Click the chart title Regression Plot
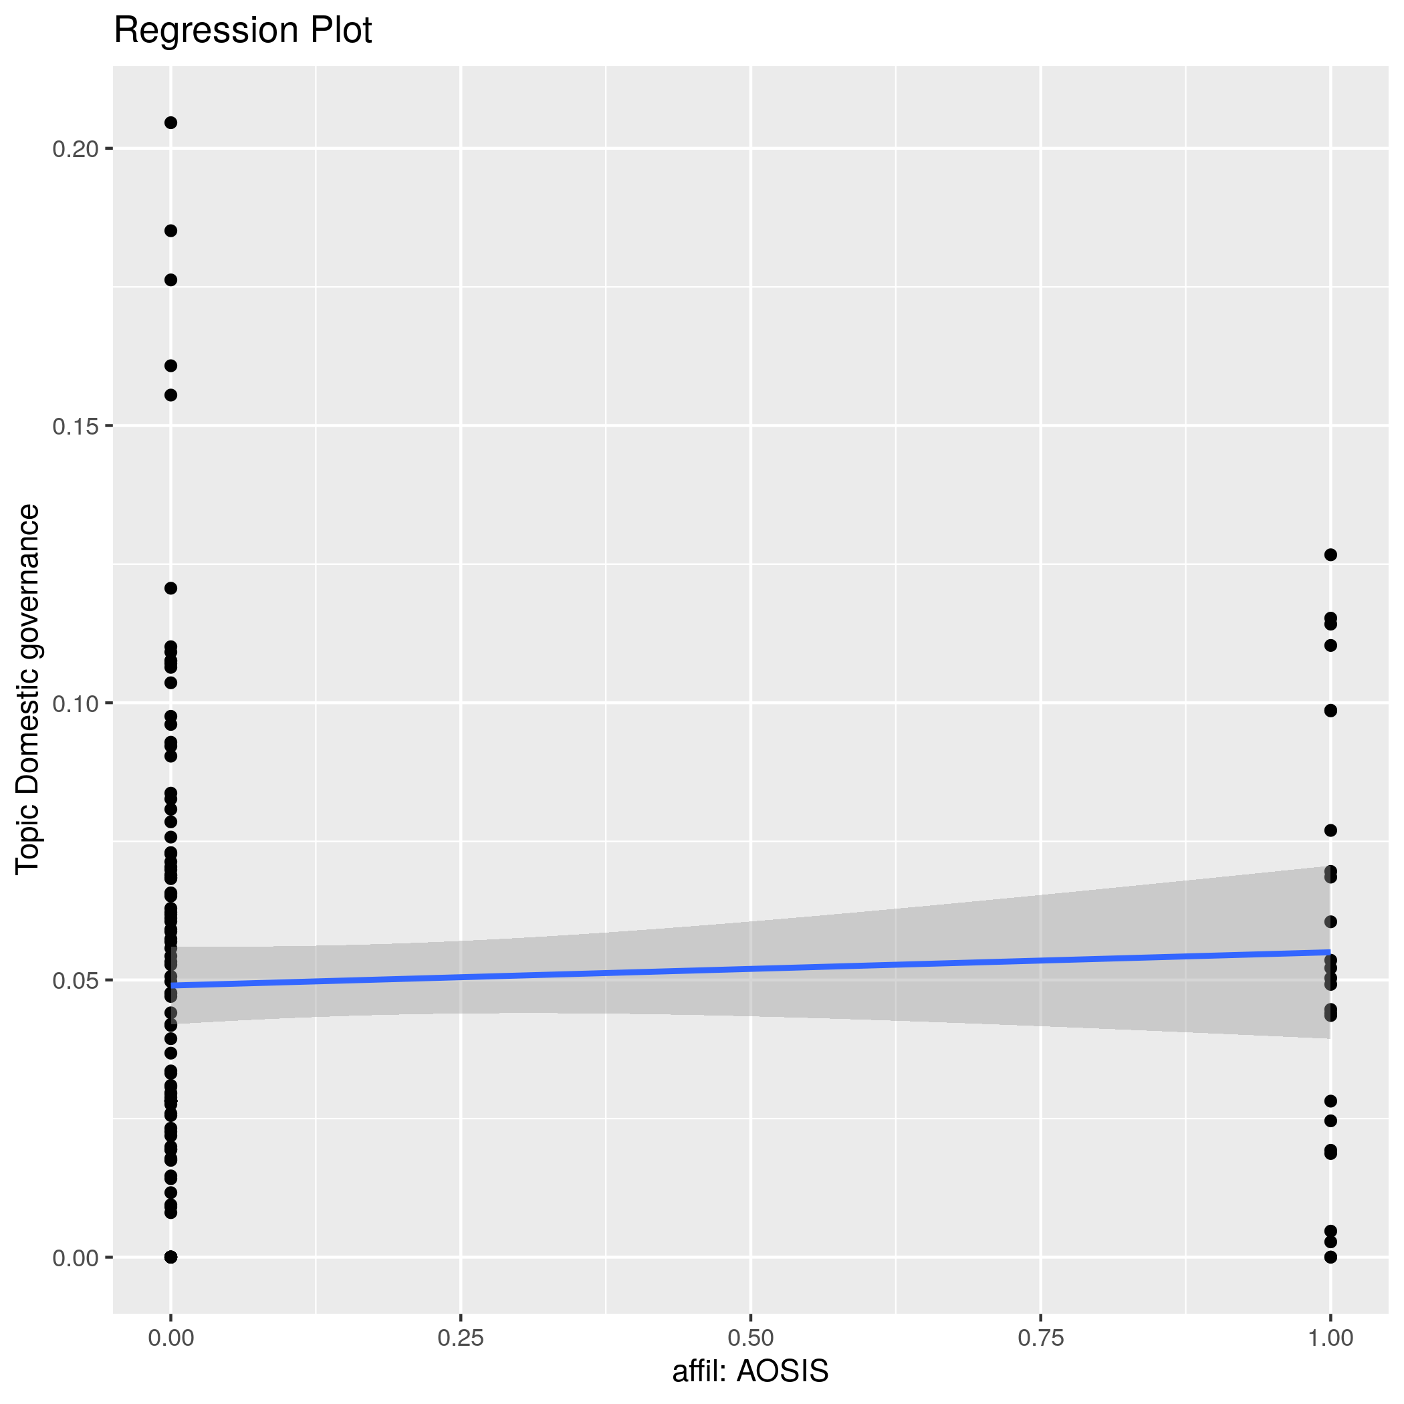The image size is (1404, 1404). click(x=243, y=31)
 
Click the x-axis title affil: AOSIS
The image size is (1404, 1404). click(x=750, y=1371)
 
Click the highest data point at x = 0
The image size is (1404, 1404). click(x=170, y=123)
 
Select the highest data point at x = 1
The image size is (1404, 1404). click(x=1330, y=555)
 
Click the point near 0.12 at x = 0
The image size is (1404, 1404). click(x=170, y=588)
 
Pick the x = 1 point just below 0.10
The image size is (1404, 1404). click(x=1330, y=711)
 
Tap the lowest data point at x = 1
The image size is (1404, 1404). click(x=1330, y=1257)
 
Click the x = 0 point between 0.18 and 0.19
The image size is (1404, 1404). click(x=170, y=231)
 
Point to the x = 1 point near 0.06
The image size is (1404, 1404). click(x=1330, y=922)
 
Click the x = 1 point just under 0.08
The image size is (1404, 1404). click(x=1330, y=830)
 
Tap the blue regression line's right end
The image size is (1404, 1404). click(x=1328, y=952)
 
